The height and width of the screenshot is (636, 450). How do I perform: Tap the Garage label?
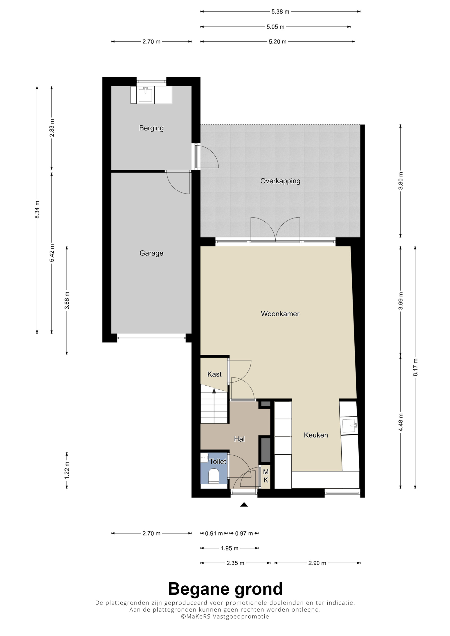pyautogui.click(x=151, y=253)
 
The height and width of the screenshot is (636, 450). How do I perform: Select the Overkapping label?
pyautogui.click(x=280, y=181)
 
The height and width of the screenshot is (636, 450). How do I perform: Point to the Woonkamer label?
pyautogui.click(x=280, y=314)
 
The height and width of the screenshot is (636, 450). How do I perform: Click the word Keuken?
pyautogui.click(x=316, y=435)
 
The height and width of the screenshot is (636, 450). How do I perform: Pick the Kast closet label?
pyautogui.click(x=214, y=374)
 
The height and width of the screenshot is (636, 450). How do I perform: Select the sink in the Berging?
pyautogui.click(x=145, y=94)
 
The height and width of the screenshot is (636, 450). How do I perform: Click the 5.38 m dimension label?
pyautogui.click(x=280, y=12)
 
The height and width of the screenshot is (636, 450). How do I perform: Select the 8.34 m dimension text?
pyautogui.click(x=37, y=210)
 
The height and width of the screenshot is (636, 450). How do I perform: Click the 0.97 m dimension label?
pyautogui.click(x=244, y=534)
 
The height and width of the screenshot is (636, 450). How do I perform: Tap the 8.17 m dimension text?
pyautogui.click(x=415, y=367)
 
